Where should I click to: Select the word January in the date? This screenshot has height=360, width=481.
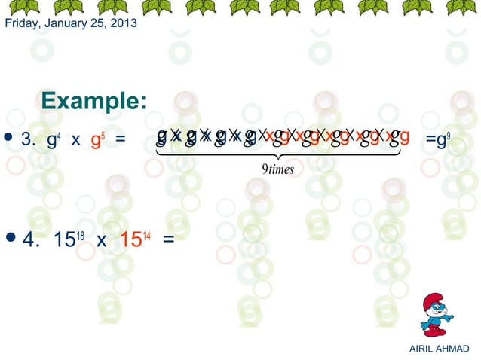click(69, 23)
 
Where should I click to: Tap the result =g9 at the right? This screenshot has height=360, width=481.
click(439, 139)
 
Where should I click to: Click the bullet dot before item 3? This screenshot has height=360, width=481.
click(8, 137)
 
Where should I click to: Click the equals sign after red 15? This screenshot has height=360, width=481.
click(168, 240)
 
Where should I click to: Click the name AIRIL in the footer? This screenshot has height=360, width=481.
click(420, 349)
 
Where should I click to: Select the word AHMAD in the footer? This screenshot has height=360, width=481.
click(452, 349)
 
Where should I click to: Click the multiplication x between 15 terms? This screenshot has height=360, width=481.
click(101, 241)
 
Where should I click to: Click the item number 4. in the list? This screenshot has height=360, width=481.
click(31, 240)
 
